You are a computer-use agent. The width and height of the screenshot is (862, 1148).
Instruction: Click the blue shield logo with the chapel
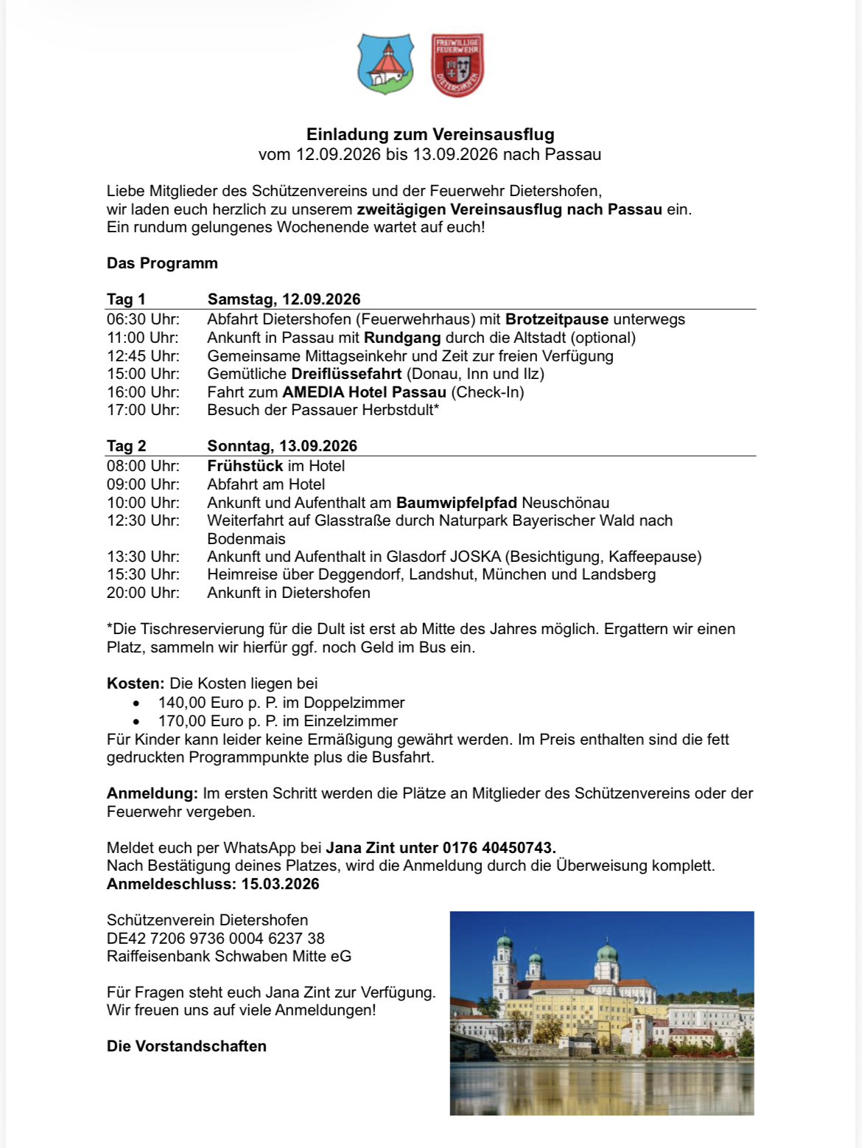tap(385, 64)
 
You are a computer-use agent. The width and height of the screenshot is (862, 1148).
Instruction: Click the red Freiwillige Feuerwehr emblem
tap(457, 65)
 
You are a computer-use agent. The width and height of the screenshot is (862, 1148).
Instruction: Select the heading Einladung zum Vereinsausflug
tap(430, 134)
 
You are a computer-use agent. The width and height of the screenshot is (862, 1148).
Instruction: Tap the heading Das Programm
tap(162, 263)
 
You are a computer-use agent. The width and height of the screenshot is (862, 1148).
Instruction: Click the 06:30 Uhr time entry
tap(143, 319)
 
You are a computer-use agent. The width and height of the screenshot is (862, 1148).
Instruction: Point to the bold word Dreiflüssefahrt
tap(346, 374)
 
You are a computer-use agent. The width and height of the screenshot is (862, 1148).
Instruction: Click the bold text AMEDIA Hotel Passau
tap(364, 392)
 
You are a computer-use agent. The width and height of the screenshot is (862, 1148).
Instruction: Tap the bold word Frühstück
tap(245, 466)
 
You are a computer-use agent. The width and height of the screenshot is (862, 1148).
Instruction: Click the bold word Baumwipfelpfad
tap(457, 503)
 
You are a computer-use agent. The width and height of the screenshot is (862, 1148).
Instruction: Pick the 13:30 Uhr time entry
tap(143, 557)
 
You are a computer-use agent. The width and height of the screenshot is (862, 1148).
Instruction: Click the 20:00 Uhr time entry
tap(143, 593)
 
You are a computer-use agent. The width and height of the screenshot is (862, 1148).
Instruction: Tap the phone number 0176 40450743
tap(499, 848)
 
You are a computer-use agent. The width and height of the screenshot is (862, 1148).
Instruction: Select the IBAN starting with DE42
tap(216, 939)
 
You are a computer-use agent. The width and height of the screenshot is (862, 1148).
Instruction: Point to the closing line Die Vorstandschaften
tap(186, 1046)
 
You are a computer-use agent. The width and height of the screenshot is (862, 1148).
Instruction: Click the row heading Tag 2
tap(127, 446)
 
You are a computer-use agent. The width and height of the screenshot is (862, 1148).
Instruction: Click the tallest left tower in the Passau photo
tap(504, 962)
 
